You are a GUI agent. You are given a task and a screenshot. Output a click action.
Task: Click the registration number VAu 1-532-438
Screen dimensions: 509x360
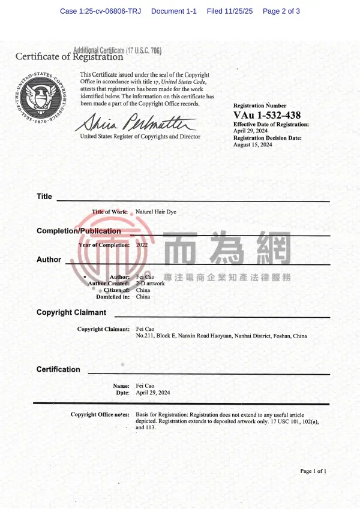tap(267, 115)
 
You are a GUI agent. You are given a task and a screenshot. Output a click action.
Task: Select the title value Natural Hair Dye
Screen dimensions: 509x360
tap(156, 212)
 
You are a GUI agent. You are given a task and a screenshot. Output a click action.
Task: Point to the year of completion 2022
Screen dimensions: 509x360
tap(142, 245)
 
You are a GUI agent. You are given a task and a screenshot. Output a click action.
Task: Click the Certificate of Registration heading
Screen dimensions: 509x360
tap(69, 57)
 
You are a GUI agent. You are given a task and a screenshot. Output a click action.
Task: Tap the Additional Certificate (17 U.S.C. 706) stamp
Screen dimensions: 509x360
tap(117, 50)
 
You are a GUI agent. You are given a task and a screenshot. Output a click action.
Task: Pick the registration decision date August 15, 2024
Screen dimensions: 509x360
tap(253, 144)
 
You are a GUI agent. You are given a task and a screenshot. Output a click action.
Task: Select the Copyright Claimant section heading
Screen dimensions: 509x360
tap(71, 312)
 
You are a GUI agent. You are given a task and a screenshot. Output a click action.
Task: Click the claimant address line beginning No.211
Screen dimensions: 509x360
tap(221, 336)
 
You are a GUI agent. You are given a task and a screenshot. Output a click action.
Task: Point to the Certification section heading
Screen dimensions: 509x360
tap(58, 369)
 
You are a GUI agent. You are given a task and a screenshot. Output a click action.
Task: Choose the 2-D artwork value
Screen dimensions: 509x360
tap(151, 284)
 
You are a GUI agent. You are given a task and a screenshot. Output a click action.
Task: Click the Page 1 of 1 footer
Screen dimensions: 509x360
tap(313, 471)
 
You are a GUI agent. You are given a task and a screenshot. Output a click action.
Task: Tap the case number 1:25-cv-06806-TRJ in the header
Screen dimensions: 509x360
tap(101, 11)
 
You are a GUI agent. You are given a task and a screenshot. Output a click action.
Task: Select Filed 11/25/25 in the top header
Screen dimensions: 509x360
tap(230, 11)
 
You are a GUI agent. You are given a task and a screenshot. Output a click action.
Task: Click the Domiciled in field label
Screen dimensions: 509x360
tap(113, 297)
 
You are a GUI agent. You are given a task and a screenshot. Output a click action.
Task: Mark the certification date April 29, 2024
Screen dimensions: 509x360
tap(153, 393)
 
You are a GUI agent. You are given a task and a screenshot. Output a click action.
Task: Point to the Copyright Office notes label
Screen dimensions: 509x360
tap(100, 415)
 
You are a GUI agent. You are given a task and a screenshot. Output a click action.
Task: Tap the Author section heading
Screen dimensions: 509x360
tap(49, 260)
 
